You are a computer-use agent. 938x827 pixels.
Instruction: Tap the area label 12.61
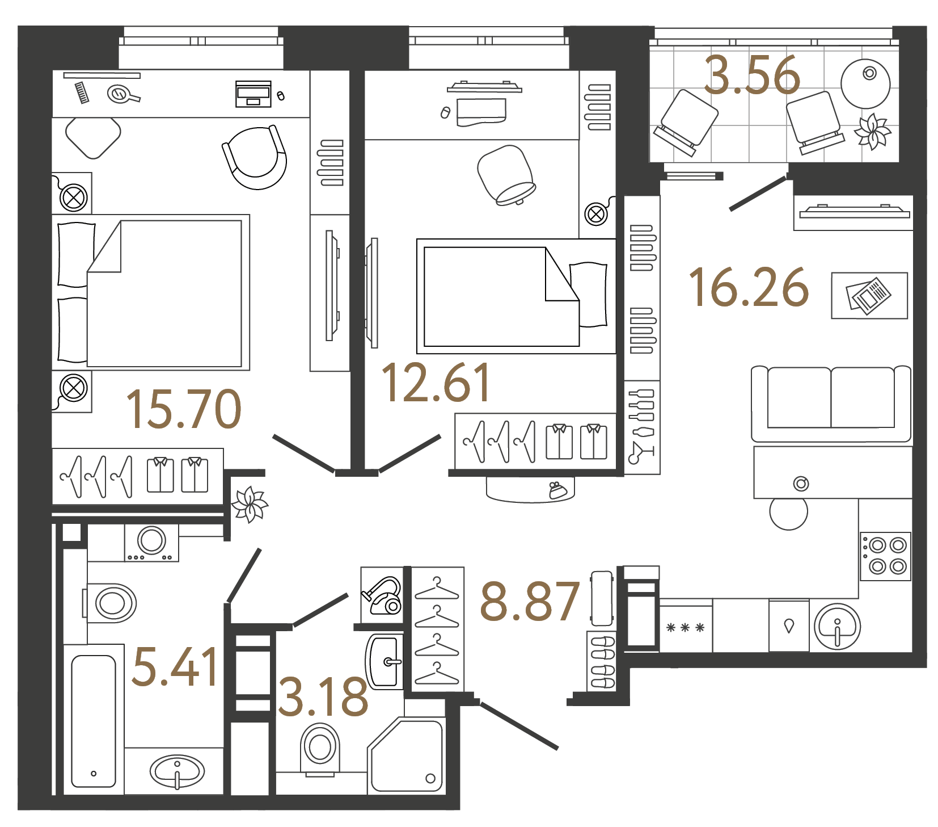pyautogui.click(x=436, y=383)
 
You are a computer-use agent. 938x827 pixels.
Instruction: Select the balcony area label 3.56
pyautogui.click(x=751, y=75)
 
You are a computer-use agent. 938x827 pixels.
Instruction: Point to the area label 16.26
pyautogui.click(x=748, y=288)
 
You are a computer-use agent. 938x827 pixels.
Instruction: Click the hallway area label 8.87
pyautogui.click(x=530, y=601)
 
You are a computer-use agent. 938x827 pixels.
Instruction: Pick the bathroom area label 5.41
pyautogui.click(x=175, y=666)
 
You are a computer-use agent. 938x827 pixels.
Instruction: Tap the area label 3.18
pyautogui.click(x=323, y=697)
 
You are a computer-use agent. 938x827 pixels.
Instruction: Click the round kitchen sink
pyautogui.click(x=837, y=627)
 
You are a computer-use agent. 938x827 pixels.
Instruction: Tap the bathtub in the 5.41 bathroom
pyautogui.click(x=94, y=721)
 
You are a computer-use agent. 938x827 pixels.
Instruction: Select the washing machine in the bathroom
pyautogui.click(x=151, y=542)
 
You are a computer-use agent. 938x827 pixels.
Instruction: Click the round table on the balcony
pyautogui.click(x=865, y=83)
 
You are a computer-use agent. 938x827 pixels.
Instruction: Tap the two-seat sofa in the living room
pyautogui.click(x=830, y=404)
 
